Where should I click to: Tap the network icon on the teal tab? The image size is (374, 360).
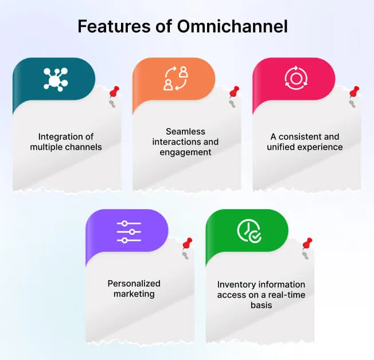[x=54, y=79]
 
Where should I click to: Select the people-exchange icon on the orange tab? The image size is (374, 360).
[x=176, y=79]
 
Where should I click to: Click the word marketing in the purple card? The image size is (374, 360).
[x=134, y=294]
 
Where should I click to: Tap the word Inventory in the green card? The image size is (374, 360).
[x=236, y=284]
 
